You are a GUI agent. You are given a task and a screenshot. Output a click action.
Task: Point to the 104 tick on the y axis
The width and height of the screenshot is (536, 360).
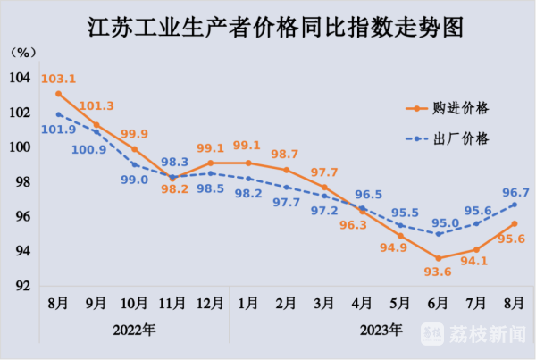point(20,78)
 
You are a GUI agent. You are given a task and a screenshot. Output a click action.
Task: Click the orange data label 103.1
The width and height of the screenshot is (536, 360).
point(58,79)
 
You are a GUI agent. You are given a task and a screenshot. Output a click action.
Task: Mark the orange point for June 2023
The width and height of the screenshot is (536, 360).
point(438,258)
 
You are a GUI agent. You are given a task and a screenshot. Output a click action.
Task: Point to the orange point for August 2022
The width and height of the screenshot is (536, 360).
point(58,94)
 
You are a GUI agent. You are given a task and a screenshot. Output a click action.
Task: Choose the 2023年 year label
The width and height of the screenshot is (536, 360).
point(381,329)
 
